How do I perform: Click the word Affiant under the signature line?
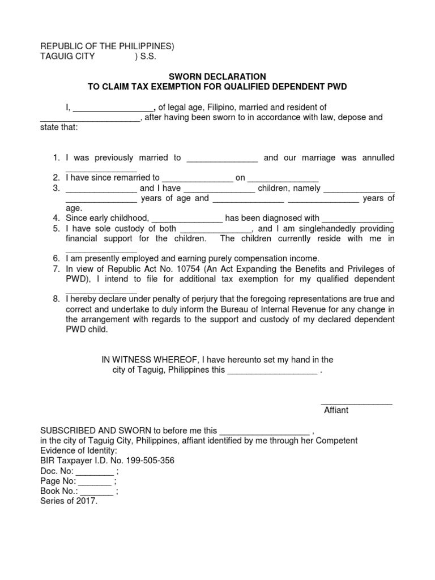[x=336, y=410]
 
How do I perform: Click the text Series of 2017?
[x=69, y=502]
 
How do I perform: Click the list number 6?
[x=56, y=258]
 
